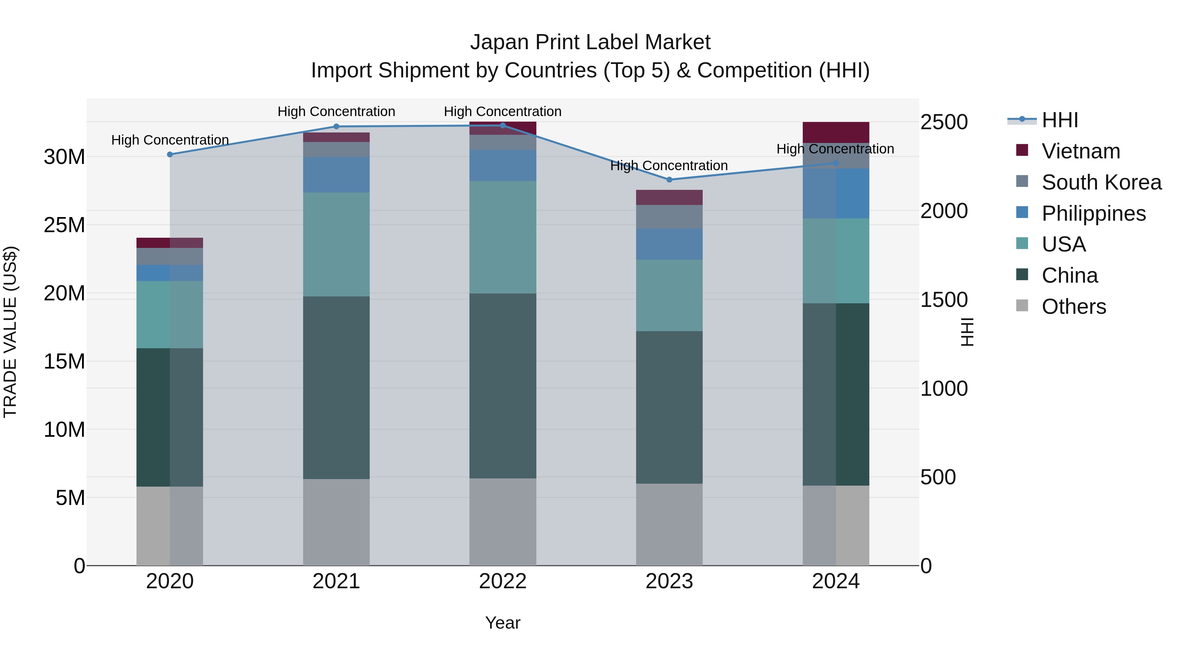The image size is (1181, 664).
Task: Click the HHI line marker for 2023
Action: click(x=669, y=180)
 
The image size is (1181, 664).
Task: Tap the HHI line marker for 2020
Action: click(x=170, y=154)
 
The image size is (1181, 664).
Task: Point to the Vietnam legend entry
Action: click(x=1081, y=151)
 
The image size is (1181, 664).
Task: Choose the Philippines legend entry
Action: click(x=1093, y=213)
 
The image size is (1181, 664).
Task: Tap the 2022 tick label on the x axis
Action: click(x=503, y=581)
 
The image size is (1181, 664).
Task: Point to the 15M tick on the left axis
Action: click(x=64, y=362)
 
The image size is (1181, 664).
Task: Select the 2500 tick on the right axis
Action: click(x=944, y=122)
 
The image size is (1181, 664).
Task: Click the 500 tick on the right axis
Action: click(x=938, y=477)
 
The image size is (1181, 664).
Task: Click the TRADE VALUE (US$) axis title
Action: click(x=10, y=332)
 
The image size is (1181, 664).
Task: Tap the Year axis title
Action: click(x=503, y=623)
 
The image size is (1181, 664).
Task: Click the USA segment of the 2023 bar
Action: click(x=669, y=295)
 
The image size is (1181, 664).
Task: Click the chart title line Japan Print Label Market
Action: click(x=590, y=42)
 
